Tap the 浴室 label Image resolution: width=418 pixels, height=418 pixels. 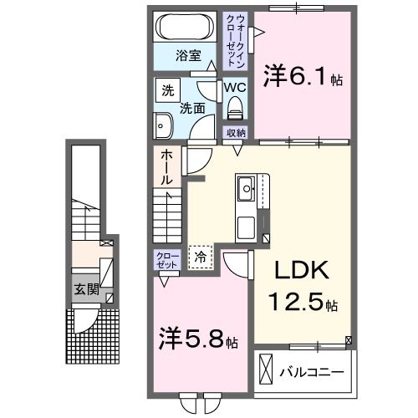[x=187, y=56]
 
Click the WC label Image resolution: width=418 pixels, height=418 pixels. [x=233, y=86]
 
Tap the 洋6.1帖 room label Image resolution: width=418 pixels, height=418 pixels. [x=302, y=78]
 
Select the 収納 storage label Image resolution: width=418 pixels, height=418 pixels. [x=235, y=132]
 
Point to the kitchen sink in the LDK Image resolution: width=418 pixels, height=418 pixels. [x=248, y=190]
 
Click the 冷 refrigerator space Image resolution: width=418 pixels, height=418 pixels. [x=200, y=258]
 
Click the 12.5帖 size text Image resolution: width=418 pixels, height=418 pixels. [x=302, y=302]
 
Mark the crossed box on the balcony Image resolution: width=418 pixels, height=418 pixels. [x=266, y=369]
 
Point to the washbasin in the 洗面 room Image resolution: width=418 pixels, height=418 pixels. [x=162, y=125]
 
